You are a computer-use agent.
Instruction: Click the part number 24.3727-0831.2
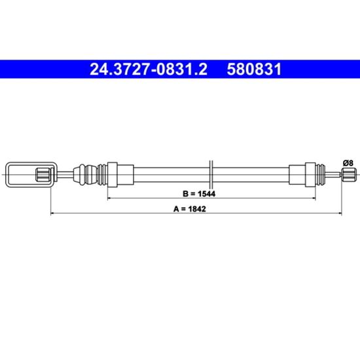[x=149, y=69]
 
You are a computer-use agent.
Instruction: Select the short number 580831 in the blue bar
[x=254, y=69]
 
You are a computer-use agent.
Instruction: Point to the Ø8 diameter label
[x=348, y=163]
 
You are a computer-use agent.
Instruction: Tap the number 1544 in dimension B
[x=207, y=194]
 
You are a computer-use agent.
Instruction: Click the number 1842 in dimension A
[x=197, y=209]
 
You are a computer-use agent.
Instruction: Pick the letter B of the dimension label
[x=185, y=194]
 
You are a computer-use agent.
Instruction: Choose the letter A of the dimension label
[x=176, y=209]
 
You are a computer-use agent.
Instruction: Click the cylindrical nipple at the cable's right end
[x=349, y=175]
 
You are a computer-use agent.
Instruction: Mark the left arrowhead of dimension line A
[x=52, y=213]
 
